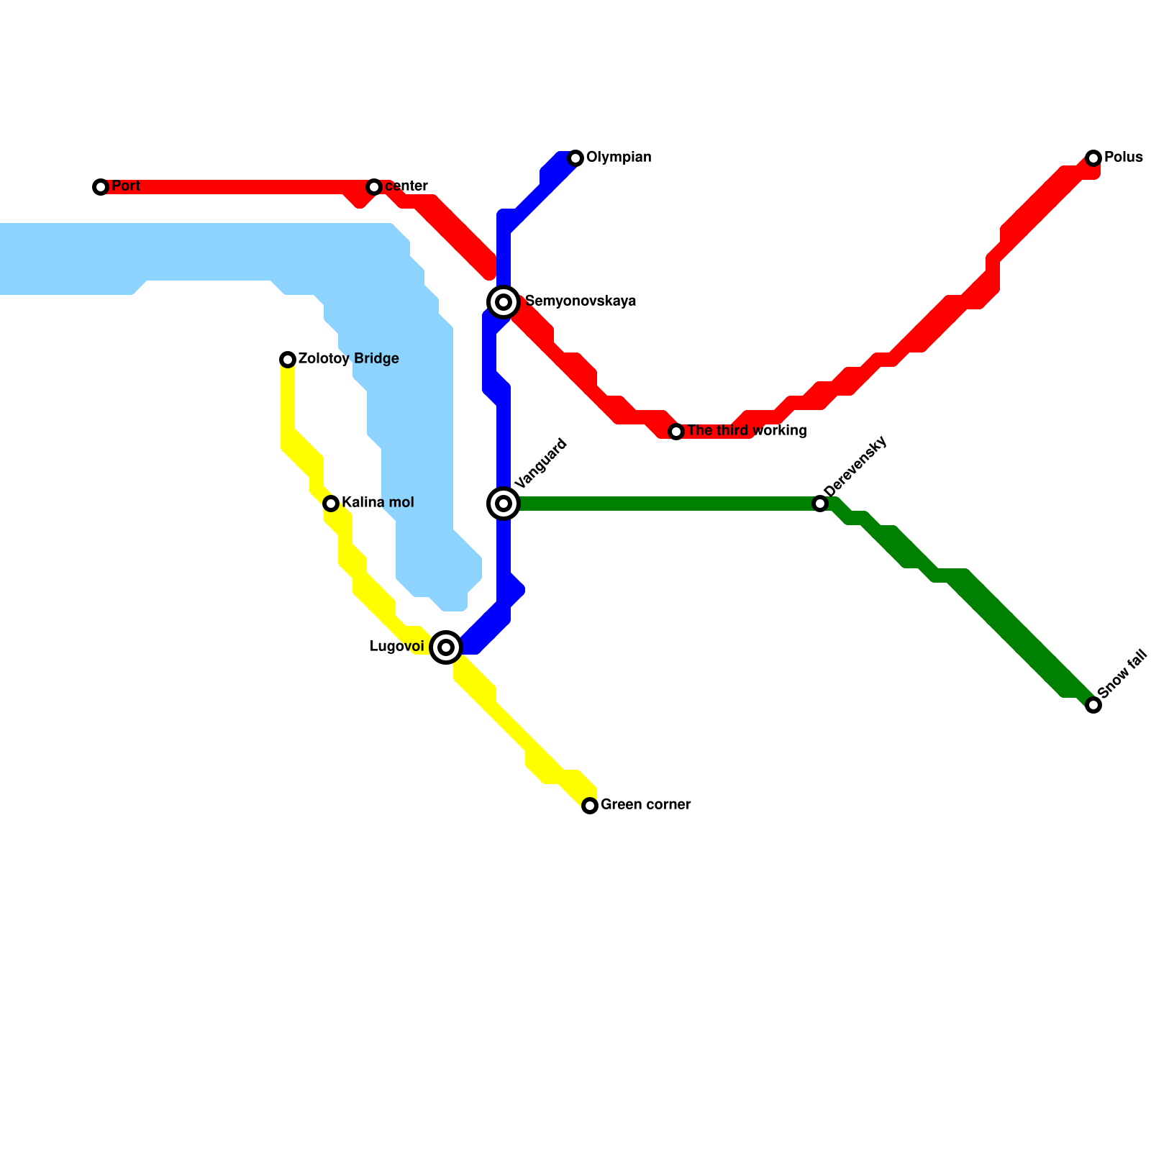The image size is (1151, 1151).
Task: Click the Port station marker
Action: tap(101, 187)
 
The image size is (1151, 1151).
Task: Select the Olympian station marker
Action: tap(575, 158)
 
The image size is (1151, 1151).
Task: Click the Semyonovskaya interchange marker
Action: tap(504, 302)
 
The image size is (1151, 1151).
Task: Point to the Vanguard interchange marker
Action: tap(504, 504)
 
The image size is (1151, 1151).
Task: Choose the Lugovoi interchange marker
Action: tap(446, 647)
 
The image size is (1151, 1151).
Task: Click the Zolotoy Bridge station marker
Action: tap(288, 360)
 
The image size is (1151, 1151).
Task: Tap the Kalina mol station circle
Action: tap(331, 504)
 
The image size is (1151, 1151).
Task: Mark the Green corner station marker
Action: tap(590, 806)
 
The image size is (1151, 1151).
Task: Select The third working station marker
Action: tap(676, 432)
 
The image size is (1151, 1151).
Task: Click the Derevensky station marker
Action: tap(820, 504)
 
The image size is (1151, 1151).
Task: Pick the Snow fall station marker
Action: tap(1093, 705)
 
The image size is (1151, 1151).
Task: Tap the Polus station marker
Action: tap(1093, 158)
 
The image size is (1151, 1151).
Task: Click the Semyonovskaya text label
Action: tap(581, 301)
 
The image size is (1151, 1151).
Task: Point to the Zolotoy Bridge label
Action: tap(348, 359)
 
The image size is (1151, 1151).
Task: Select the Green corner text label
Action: tap(645, 805)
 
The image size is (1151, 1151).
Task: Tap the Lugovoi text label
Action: tap(396, 647)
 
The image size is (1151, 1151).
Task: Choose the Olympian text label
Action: tap(619, 158)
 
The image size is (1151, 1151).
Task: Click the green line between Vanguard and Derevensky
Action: tap(662, 504)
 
